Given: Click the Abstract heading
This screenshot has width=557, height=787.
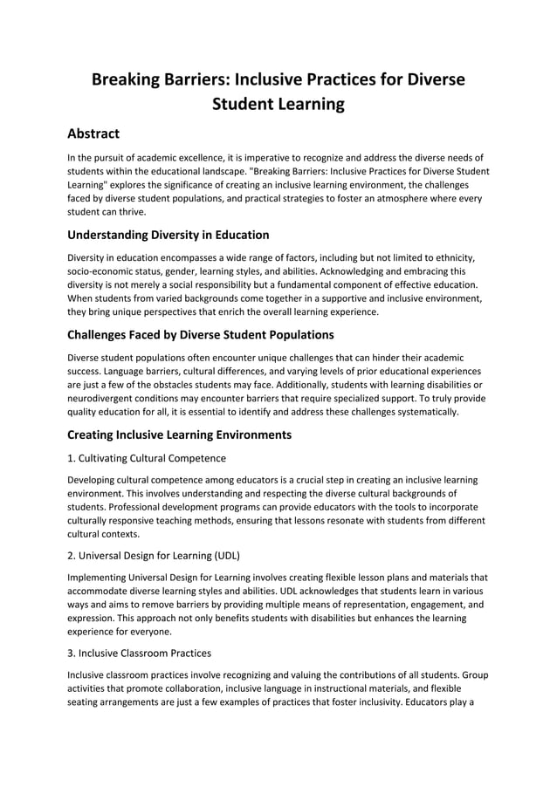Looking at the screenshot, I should pos(100,133).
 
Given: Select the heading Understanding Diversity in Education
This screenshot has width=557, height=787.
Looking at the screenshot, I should pos(168,235).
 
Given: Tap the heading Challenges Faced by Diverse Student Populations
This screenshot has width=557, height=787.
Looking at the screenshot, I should pos(200,334).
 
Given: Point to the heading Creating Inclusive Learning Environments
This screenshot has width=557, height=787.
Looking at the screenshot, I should pos(179,434).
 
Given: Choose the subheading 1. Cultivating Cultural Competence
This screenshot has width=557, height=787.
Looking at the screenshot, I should pos(147,458).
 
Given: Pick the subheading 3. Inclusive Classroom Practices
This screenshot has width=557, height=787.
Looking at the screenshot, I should pos(139,652).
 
